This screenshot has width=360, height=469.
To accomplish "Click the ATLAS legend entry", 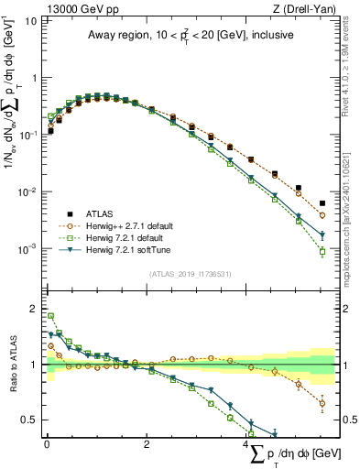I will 108,212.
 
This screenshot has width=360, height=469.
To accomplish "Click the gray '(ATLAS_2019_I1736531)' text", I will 190,273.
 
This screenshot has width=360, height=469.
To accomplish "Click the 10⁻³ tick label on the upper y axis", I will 27,249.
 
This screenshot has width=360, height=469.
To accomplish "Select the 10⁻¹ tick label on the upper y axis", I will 27,135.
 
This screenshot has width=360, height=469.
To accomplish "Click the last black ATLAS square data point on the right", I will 322,203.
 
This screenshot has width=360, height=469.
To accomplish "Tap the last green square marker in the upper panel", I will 322,253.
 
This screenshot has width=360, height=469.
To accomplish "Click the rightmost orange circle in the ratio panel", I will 322,403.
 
